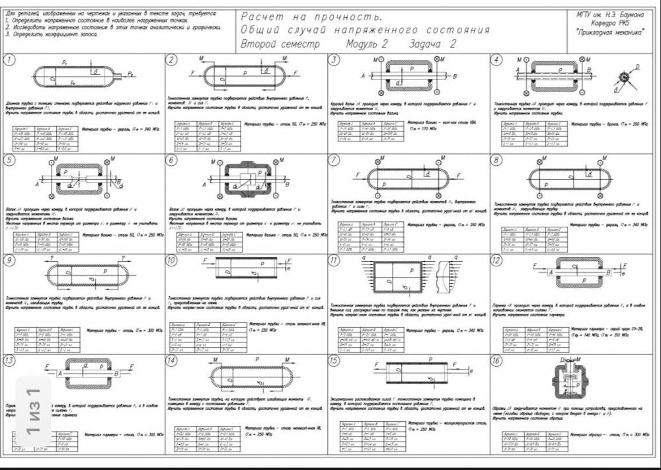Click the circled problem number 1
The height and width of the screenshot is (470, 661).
click(9, 61)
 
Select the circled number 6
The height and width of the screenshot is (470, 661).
click(173, 161)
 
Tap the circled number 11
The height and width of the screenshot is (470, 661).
click(334, 260)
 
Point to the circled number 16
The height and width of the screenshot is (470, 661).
click(497, 361)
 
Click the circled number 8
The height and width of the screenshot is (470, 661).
click(497, 161)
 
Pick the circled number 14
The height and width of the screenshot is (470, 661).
click(173, 361)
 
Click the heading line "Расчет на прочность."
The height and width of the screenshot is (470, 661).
click(311, 17)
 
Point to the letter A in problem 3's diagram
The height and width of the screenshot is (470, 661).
click(363, 76)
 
